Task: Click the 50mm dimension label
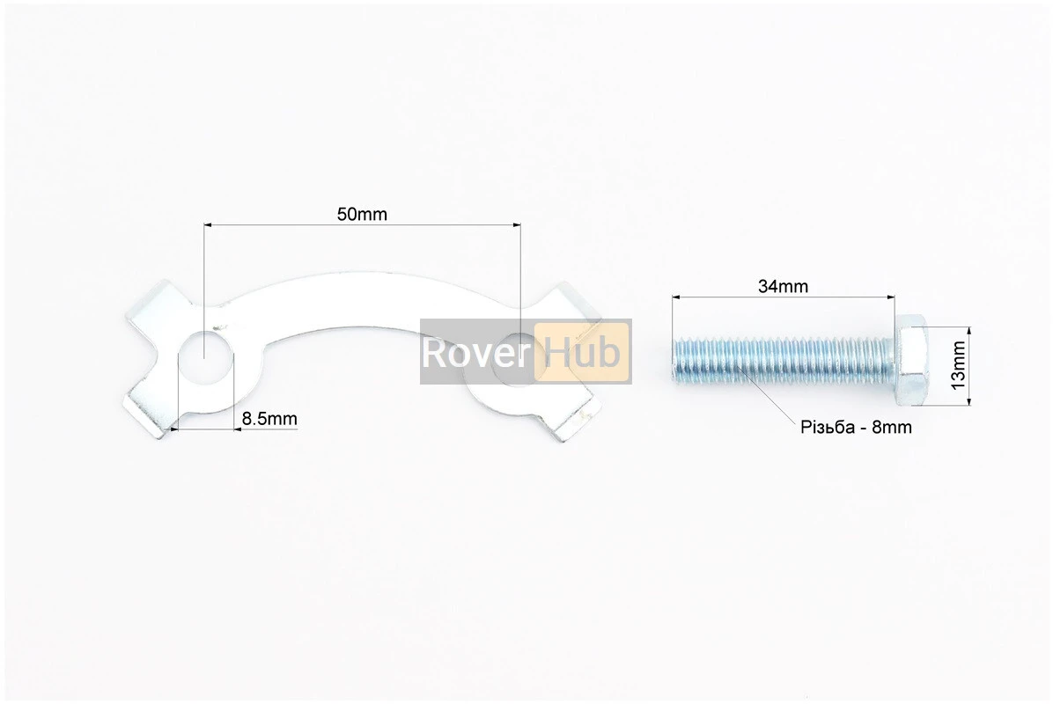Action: (362, 214)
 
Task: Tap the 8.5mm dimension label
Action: (269, 419)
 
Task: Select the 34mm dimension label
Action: (783, 286)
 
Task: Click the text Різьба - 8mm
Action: (856, 428)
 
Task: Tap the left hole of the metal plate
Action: (203, 356)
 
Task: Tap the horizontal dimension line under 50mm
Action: (362, 225)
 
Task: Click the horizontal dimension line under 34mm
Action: (783, 297)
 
